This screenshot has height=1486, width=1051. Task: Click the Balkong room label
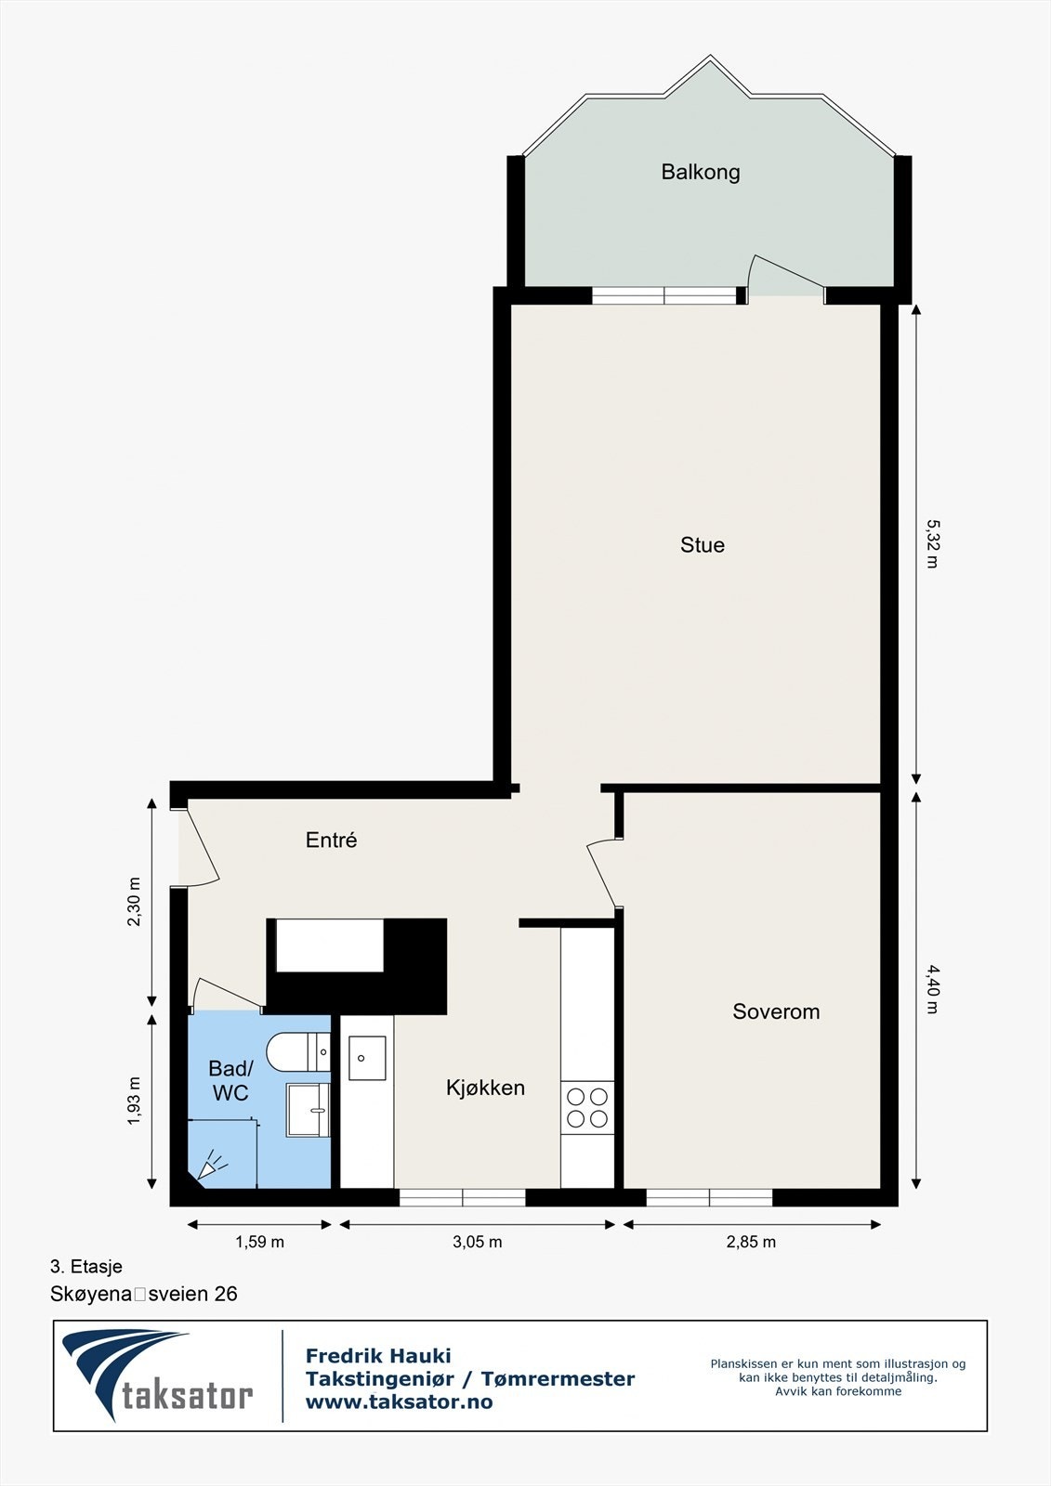tap(700, 172)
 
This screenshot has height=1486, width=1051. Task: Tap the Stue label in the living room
tap(702, 545)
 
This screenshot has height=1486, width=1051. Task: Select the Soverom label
tap(775, 1011)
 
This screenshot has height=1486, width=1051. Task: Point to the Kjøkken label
tap(485, 1088)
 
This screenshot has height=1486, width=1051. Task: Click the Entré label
tap(331, 840)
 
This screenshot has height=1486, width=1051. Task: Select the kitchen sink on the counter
tap(367, 1059)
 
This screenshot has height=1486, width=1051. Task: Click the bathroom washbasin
tap(308, 1110)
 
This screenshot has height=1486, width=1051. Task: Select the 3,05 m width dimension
tap(477, 1242)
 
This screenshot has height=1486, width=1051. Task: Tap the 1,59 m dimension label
tap(259, 1242)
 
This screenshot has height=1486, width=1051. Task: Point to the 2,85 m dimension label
tap(751, 1242)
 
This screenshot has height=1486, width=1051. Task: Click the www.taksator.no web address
tap(399, 1402)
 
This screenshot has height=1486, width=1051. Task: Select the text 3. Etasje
tap(85, 1266)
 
